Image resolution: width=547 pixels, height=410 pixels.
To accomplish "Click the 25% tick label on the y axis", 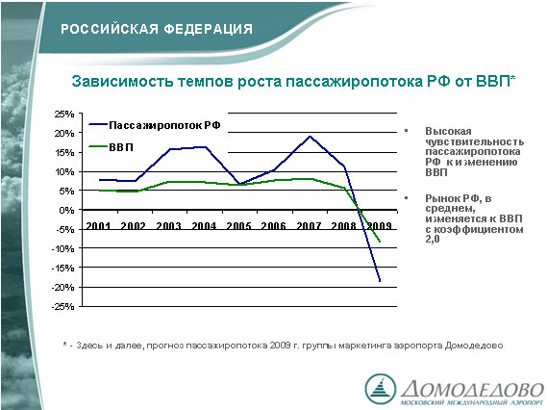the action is [64, 114].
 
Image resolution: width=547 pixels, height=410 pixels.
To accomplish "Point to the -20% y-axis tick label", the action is [63, 288].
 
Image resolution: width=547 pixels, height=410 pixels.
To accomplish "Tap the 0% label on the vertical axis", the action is [67, 210].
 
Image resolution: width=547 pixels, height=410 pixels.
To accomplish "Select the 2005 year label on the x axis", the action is [238, 226].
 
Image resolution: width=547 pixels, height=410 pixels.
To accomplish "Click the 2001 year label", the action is [98, 226].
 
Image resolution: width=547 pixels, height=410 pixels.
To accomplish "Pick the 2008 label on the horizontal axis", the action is [343, 226].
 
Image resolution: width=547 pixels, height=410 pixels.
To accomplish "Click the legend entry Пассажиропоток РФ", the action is [155, 125].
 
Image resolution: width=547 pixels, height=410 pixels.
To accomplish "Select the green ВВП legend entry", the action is [112, 147].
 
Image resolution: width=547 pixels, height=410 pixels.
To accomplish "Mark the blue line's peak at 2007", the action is [310, 137].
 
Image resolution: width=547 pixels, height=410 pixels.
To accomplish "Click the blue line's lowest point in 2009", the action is [380, 280].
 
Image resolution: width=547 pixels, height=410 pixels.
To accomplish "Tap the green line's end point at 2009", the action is [380, 242].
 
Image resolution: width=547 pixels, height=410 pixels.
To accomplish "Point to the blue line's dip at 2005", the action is [239, 184].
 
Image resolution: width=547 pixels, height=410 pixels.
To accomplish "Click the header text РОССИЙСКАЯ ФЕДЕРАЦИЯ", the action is [157, 29].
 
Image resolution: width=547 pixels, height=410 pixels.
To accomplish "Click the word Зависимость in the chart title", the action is [122, 82].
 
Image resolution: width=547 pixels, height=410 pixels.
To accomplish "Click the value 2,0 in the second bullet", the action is [433, 240].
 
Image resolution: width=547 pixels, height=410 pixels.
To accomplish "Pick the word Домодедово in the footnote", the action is [474, 346].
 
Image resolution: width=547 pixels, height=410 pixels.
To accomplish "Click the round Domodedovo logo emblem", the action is [381, 390].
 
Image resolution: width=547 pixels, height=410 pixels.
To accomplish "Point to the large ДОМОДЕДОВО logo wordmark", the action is [472, 388].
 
